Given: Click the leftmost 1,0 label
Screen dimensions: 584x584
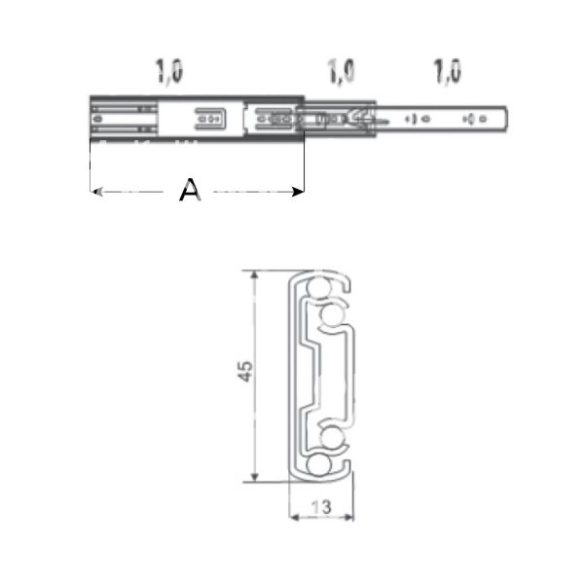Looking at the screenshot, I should click(x=168, y=72).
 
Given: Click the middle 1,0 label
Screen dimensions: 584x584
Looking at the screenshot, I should click(x=341, y=72).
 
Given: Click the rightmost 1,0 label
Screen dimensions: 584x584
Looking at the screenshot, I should click(x=448, y=72).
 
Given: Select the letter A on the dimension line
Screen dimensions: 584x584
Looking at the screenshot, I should click(x=190, y=192).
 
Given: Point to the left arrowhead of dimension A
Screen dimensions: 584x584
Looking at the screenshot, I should click(x=94, y=192).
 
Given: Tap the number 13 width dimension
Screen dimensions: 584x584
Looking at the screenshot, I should click(x=322, y=506).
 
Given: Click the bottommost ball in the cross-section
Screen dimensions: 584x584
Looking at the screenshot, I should click(x=318, y=466).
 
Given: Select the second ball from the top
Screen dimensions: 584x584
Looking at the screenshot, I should click(x=330, y=314).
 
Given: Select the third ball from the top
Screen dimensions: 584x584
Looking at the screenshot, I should click(x=332, y=439).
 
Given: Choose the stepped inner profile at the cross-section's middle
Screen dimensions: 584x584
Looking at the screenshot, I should click(x=316, y=375).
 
